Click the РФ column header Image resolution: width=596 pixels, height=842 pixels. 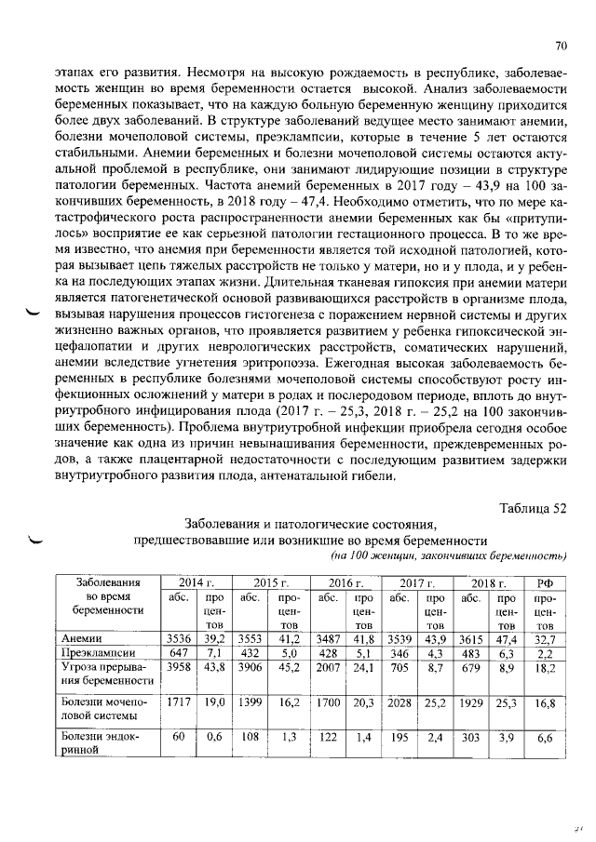coord(546,582)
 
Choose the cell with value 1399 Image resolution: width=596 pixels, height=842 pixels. coord(250,704)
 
